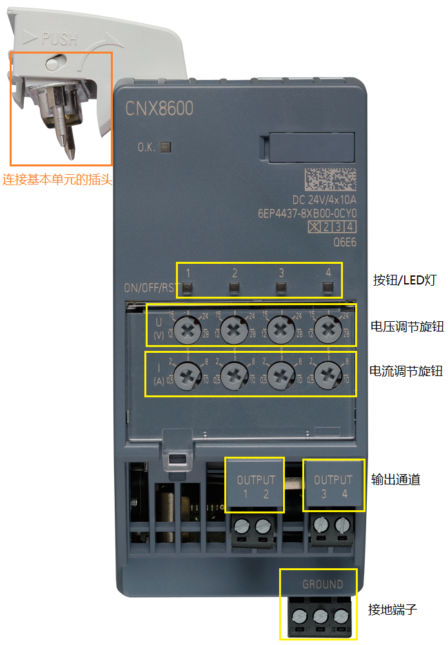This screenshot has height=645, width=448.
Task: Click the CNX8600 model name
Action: click(x=159, y=108)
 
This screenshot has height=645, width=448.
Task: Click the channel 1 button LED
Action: click(x=188, y=287)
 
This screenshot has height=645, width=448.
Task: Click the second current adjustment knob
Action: click(x=235, y=374)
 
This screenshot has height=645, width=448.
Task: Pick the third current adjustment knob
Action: click(x=281, y=374)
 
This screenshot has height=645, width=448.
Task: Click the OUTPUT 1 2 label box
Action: click(x=255, y=487)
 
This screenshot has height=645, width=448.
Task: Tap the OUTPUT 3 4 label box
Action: click(x=333, y=487)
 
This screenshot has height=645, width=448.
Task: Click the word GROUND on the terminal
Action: click(x=322, y=585)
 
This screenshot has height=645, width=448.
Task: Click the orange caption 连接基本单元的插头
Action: click(x=57, y=179)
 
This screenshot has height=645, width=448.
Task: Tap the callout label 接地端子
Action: click(x=393, y=609)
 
